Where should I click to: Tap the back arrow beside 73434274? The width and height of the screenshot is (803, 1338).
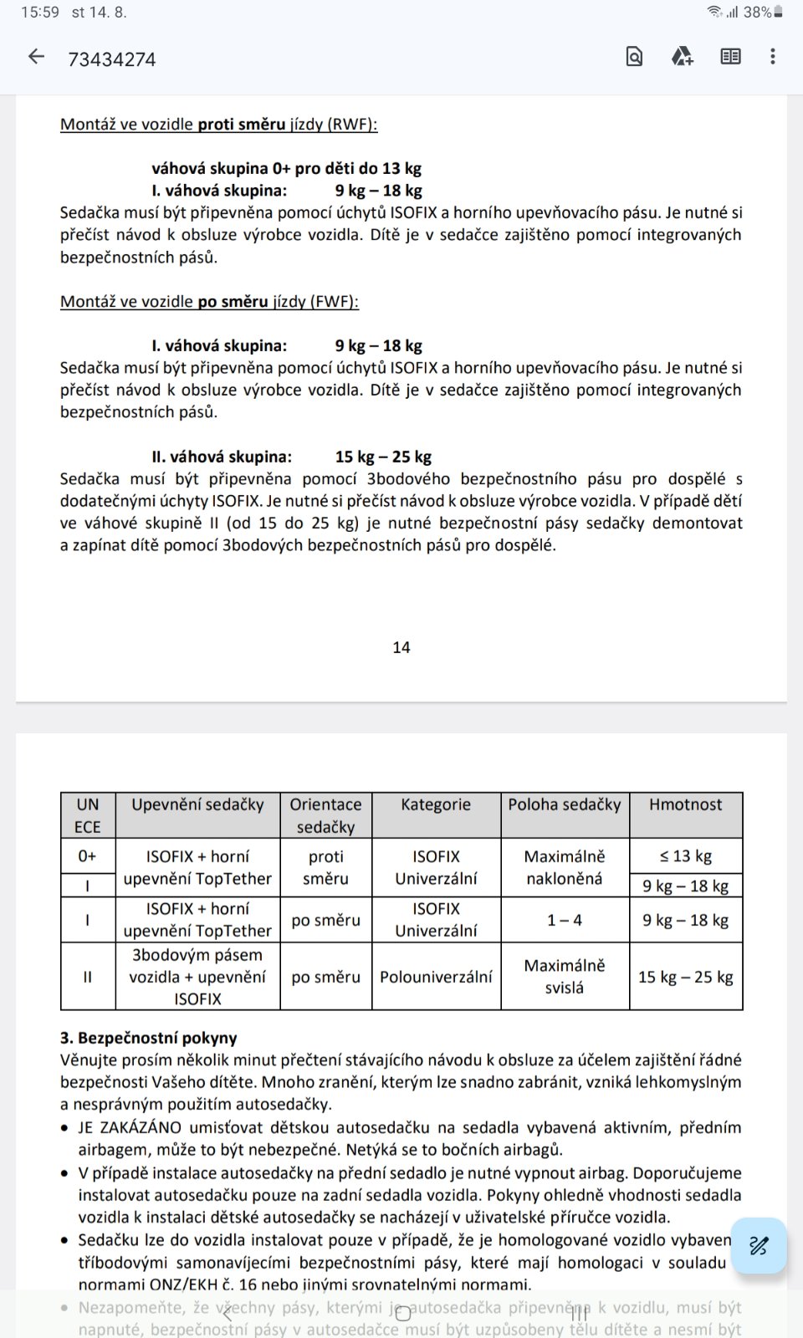pyautogui.click(x=36, y=57)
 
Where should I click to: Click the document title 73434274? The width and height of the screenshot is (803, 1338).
pyautogui.click(x=112, y=59)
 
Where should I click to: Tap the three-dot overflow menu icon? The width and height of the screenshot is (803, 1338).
pyautogui.click(x=772, y=57)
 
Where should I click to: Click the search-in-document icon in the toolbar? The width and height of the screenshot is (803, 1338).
pyautogui.click(x=634, y=57)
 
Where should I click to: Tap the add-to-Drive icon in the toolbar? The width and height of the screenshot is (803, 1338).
pyautogui.click(x=683, y=57)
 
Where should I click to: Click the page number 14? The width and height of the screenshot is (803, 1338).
pyautogui.click(x=401, y=647)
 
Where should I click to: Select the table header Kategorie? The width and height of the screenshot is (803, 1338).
pyautogui.click(x=436, y=804)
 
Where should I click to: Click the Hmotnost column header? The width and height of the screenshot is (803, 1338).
pyautogui.click(x=685, y=804)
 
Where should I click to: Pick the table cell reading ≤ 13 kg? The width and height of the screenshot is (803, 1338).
pyautogui.click(x=685, y=855)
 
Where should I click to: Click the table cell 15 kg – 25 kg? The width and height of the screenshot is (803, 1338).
pyautogui.click(x=685, y=977)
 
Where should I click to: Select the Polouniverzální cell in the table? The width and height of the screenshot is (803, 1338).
pyautogui.click(x=436, y=977)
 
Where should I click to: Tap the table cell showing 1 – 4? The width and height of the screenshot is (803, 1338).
pyautogui.click(x=565, y=920)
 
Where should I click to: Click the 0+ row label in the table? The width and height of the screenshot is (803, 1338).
pyautogui.click(x=87, y=855)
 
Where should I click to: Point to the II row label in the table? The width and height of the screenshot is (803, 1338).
pyautogui.click(x=87, y=977)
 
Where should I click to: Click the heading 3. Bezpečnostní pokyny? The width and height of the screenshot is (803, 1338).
pyautogui.click(x=149, y=1038)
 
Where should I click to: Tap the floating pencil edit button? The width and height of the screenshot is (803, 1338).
pyautogui.click(x=758, y=1246)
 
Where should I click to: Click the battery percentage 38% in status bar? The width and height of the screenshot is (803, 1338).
pyautogui.click(x=757, y=13)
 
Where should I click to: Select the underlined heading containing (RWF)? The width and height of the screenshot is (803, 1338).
pyautogui.click(x=218, y=125)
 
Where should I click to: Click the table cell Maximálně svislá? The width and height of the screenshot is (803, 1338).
pyautogui.click(x=565, y=977)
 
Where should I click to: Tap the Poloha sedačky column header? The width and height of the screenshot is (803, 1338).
pyautogui.click(x=565, y=804)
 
